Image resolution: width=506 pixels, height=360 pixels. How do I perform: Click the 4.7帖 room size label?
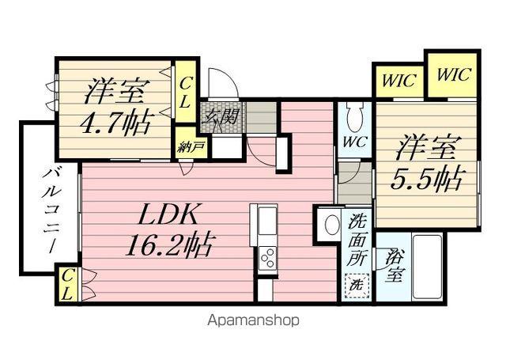click(115, 123)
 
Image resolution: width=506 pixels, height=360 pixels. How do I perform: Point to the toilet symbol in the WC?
click(355, 117)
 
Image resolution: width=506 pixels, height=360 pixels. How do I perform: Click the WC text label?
click(354, 142)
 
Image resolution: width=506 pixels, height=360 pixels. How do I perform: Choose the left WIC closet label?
click(398, 81)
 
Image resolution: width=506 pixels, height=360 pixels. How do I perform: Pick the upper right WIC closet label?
click(453, 74)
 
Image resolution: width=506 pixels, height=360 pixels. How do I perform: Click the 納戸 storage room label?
click(191, 147)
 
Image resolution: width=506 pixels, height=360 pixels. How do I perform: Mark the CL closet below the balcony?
click(68, 284)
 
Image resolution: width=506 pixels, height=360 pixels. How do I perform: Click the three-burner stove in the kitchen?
click(268, 258)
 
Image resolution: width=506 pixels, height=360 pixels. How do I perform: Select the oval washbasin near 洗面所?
click(332, 225)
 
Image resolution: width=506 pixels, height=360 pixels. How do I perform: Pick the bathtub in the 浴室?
click(428, 267)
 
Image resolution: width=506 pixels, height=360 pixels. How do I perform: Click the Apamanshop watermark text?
click(253, 320)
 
